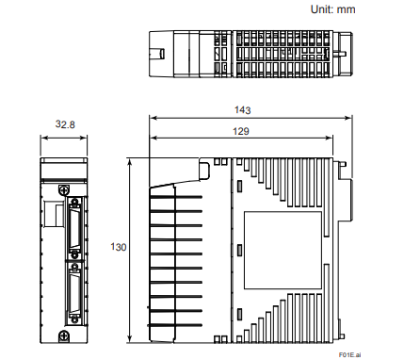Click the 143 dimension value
tap(243, 110)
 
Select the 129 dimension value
tap(241, 131)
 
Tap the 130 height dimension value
tap(119, 247)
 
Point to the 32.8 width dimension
tap(65, 124)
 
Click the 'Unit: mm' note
tap(332, 9)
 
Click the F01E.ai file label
tap(350, 354)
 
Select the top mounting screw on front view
tap(64, 189)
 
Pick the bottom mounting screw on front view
tap(64, 335)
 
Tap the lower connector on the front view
tap(74, 293)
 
